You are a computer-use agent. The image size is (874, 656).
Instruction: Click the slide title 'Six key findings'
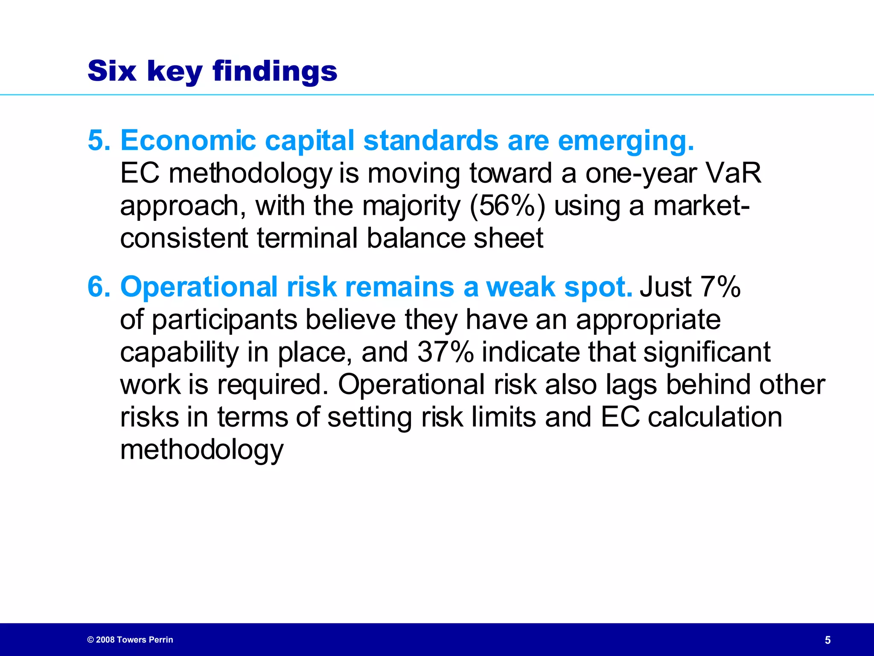(212, 71)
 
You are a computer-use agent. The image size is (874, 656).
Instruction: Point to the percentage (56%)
(507, 206)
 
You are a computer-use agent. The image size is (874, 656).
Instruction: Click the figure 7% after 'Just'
(720, 287)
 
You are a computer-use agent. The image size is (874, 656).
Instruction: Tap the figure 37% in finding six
(445, 352)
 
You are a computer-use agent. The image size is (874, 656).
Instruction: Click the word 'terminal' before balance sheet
(307, 238)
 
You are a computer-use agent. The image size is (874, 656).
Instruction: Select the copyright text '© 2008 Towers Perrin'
(130, 640)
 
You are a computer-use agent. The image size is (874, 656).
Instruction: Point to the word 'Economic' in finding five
(188, 141)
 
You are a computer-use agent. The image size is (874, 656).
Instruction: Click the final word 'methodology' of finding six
(201, 451)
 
